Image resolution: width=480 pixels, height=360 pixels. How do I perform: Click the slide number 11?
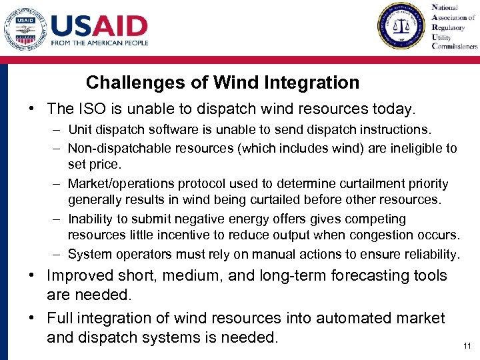(x=466, y=347)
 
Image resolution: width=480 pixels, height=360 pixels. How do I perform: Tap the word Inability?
(x=90, y=219)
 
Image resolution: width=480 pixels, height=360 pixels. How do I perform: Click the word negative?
(x=217, y=219)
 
